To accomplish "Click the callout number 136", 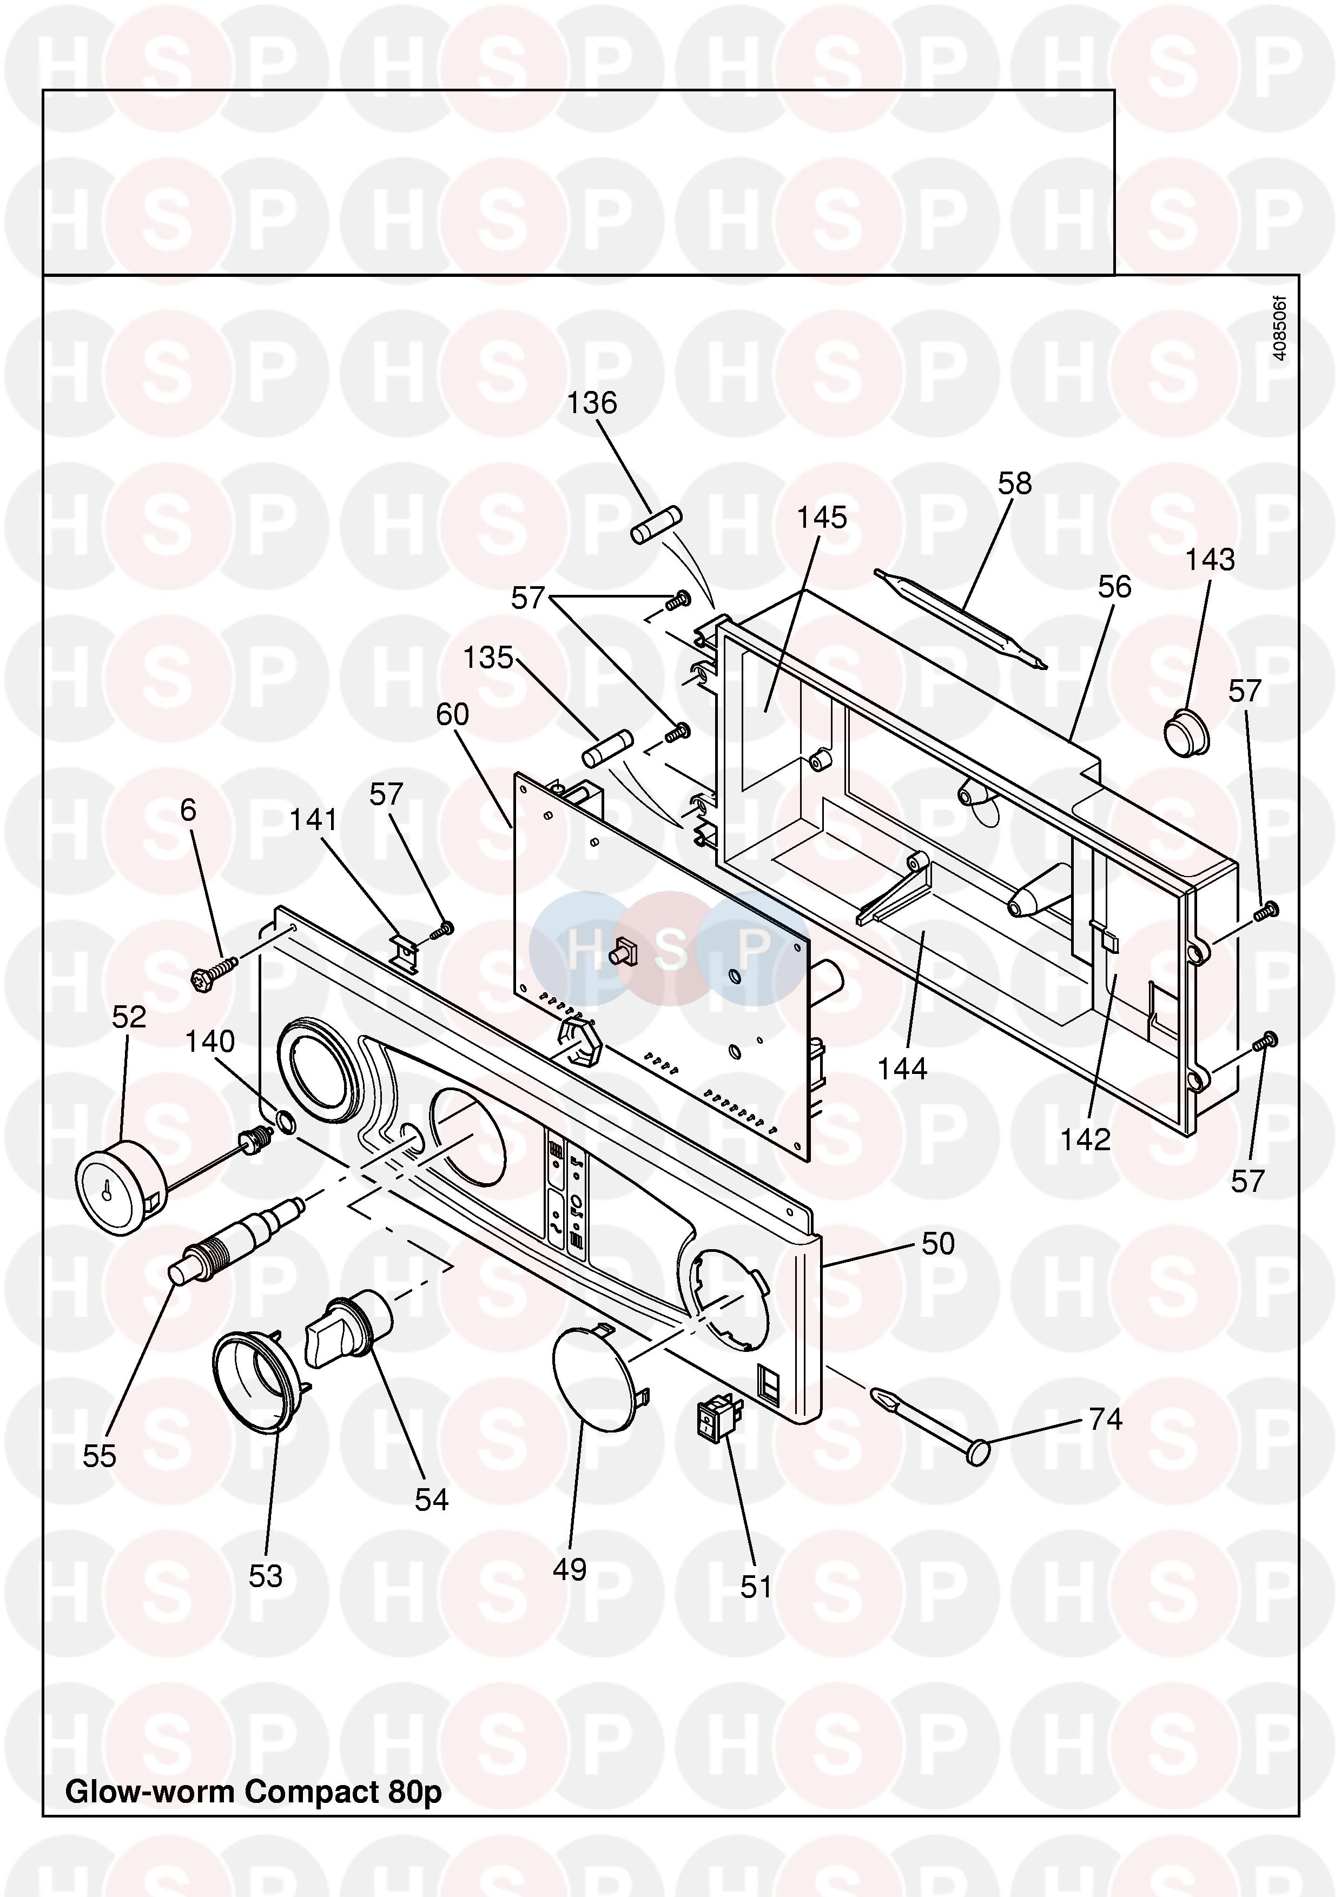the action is tap(592, 403).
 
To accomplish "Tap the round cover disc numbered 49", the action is tap(597, 1389).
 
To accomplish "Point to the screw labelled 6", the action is tap(213, 972).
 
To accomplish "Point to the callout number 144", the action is tap(902, 1069).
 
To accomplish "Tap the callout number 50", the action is tap(938, 1243).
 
